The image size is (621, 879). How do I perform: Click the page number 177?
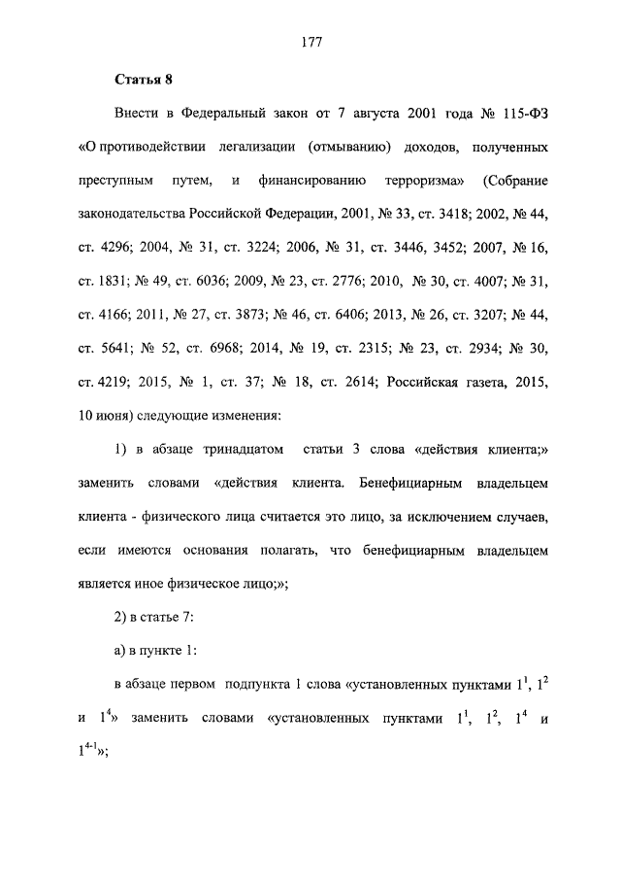[310, 42]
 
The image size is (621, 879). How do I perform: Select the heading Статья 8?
[144, 79]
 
